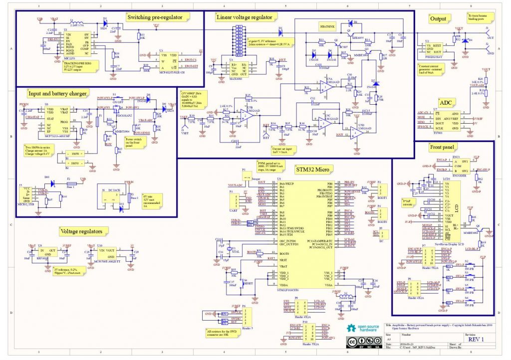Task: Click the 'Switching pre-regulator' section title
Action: click(158, 18)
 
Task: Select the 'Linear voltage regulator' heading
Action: click(244, 17)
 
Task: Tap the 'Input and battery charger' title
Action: click(58, 93)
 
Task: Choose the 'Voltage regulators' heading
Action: click(81, 231)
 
